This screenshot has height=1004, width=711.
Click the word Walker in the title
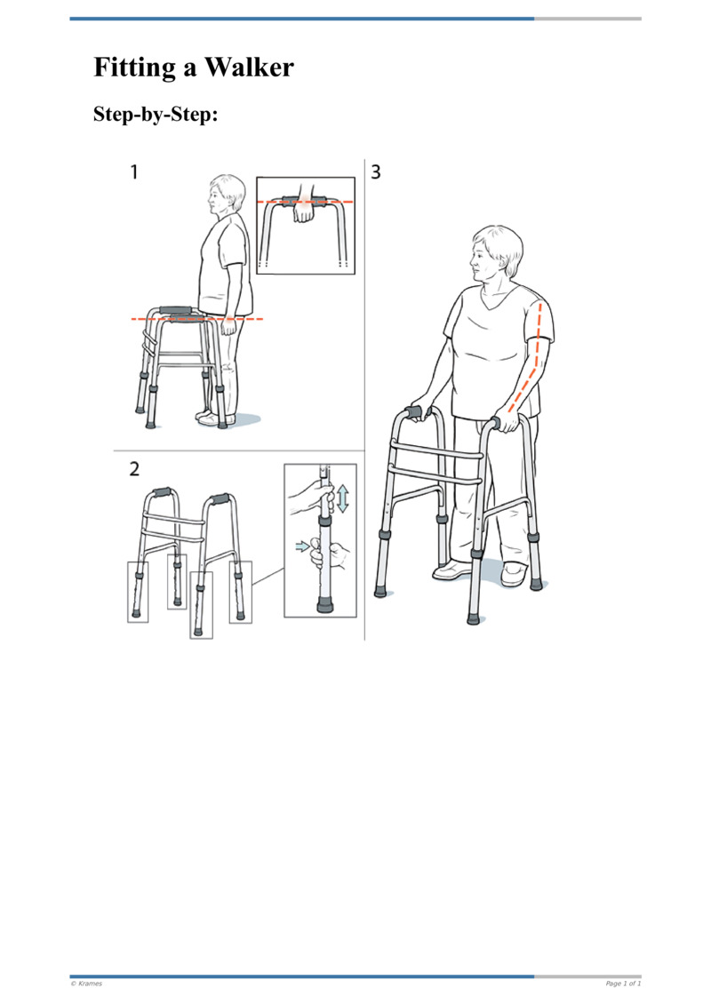249,68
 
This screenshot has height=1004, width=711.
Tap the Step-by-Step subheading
156,114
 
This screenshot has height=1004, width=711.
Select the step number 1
134,171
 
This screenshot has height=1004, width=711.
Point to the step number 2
134,469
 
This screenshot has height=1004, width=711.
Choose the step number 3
376,171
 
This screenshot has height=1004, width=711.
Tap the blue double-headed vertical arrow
343,498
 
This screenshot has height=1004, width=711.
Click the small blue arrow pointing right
301,546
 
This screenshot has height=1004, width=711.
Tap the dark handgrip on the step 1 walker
175,311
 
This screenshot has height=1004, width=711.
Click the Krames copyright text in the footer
86,984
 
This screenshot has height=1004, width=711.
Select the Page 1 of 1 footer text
623,984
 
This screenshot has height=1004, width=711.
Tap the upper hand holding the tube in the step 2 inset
314,497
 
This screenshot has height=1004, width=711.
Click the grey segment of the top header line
587,19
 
